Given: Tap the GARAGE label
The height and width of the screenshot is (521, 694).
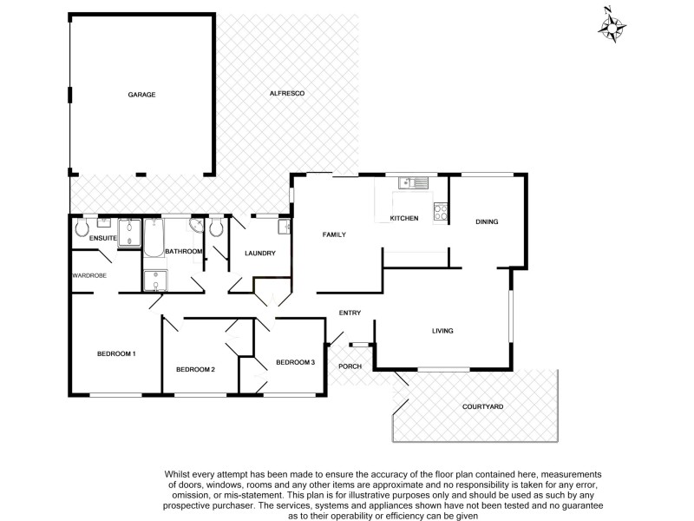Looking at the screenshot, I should tap(141, 94).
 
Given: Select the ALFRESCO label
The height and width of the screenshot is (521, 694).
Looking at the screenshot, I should tap(287, 94).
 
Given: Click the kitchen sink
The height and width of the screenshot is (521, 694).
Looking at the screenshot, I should tap(413, 182).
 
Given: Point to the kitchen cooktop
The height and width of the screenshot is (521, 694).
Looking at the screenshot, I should tap(440, 210).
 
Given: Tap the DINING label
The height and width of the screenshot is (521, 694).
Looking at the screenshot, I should tap(487, 222).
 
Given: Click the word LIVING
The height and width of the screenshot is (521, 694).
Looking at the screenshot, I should tap(443, 331).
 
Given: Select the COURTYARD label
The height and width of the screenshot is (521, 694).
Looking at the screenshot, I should tap(483, 406).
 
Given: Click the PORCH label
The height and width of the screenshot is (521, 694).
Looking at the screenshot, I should tap(350, 366).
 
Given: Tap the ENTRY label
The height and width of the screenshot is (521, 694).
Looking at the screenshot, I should tap(350, 313).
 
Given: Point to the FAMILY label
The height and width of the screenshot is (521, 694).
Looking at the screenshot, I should tap(335, 234).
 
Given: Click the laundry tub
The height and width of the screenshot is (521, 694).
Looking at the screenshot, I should tap(285, 228).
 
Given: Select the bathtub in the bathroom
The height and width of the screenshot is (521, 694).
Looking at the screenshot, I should tap(154, 239).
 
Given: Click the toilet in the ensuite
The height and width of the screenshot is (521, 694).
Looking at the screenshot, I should tap(82, 228).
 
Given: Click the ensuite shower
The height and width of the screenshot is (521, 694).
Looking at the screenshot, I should tap(130, 233).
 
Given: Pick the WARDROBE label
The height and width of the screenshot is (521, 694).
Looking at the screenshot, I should tap(88, 276).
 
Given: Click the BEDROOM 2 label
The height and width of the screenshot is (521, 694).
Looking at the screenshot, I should tap(195, 369).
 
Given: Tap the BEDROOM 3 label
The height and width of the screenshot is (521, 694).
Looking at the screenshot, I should tap(295, 362).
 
